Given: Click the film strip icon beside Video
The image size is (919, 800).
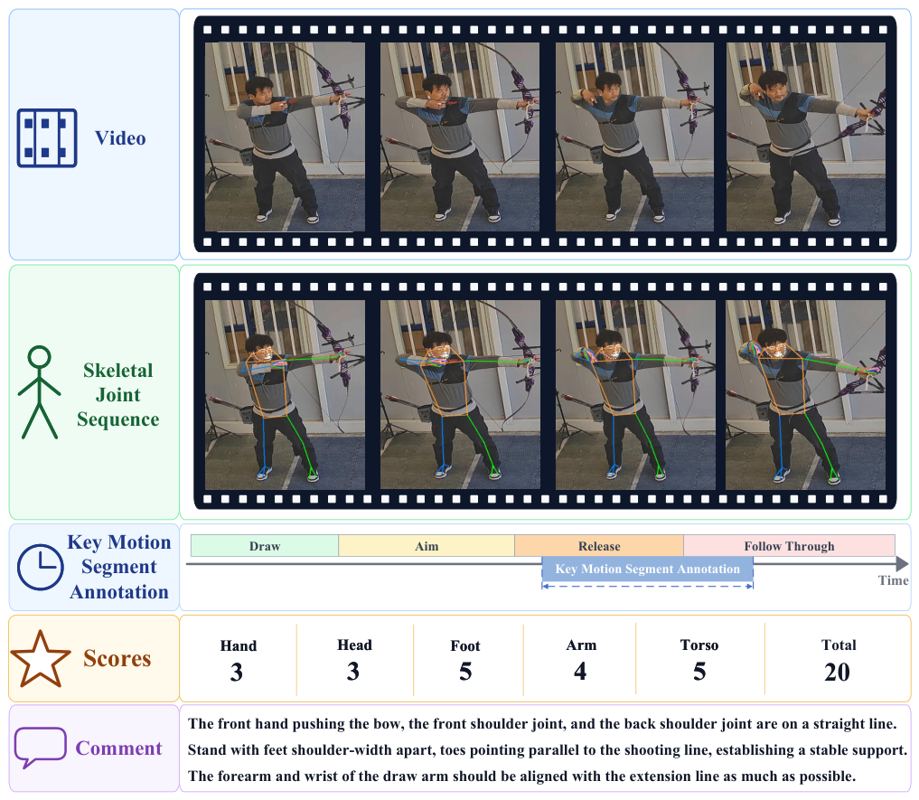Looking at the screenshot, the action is (47, 137).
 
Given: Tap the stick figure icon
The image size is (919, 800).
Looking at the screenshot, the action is (39, 391).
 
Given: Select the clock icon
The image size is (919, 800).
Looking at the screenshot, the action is (40, 567).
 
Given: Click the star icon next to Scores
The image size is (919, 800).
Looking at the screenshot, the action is (41, 659).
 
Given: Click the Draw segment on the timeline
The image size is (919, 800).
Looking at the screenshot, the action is (265, 546).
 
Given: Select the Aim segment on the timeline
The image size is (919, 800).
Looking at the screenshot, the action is (427, 546).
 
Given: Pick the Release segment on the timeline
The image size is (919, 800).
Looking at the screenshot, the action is (599, 546).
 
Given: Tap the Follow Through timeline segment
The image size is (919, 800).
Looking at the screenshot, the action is (789, 546).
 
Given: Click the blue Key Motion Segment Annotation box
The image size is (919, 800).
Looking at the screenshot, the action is (647, 569).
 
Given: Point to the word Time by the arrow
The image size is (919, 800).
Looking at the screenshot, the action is (893, 580).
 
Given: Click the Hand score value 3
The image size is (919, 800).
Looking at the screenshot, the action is (236, 673).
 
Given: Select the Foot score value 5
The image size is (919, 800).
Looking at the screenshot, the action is (465, 672).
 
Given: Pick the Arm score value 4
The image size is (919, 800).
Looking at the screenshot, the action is (580, 671).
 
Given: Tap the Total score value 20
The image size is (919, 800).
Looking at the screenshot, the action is (837, 673).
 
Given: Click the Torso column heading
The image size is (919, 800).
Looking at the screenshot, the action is (699, 645).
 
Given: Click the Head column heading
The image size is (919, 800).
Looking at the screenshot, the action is (354, 645).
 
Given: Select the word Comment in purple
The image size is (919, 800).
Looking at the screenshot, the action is (118, 748).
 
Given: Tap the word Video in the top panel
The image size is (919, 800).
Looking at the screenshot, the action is (120, 138).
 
